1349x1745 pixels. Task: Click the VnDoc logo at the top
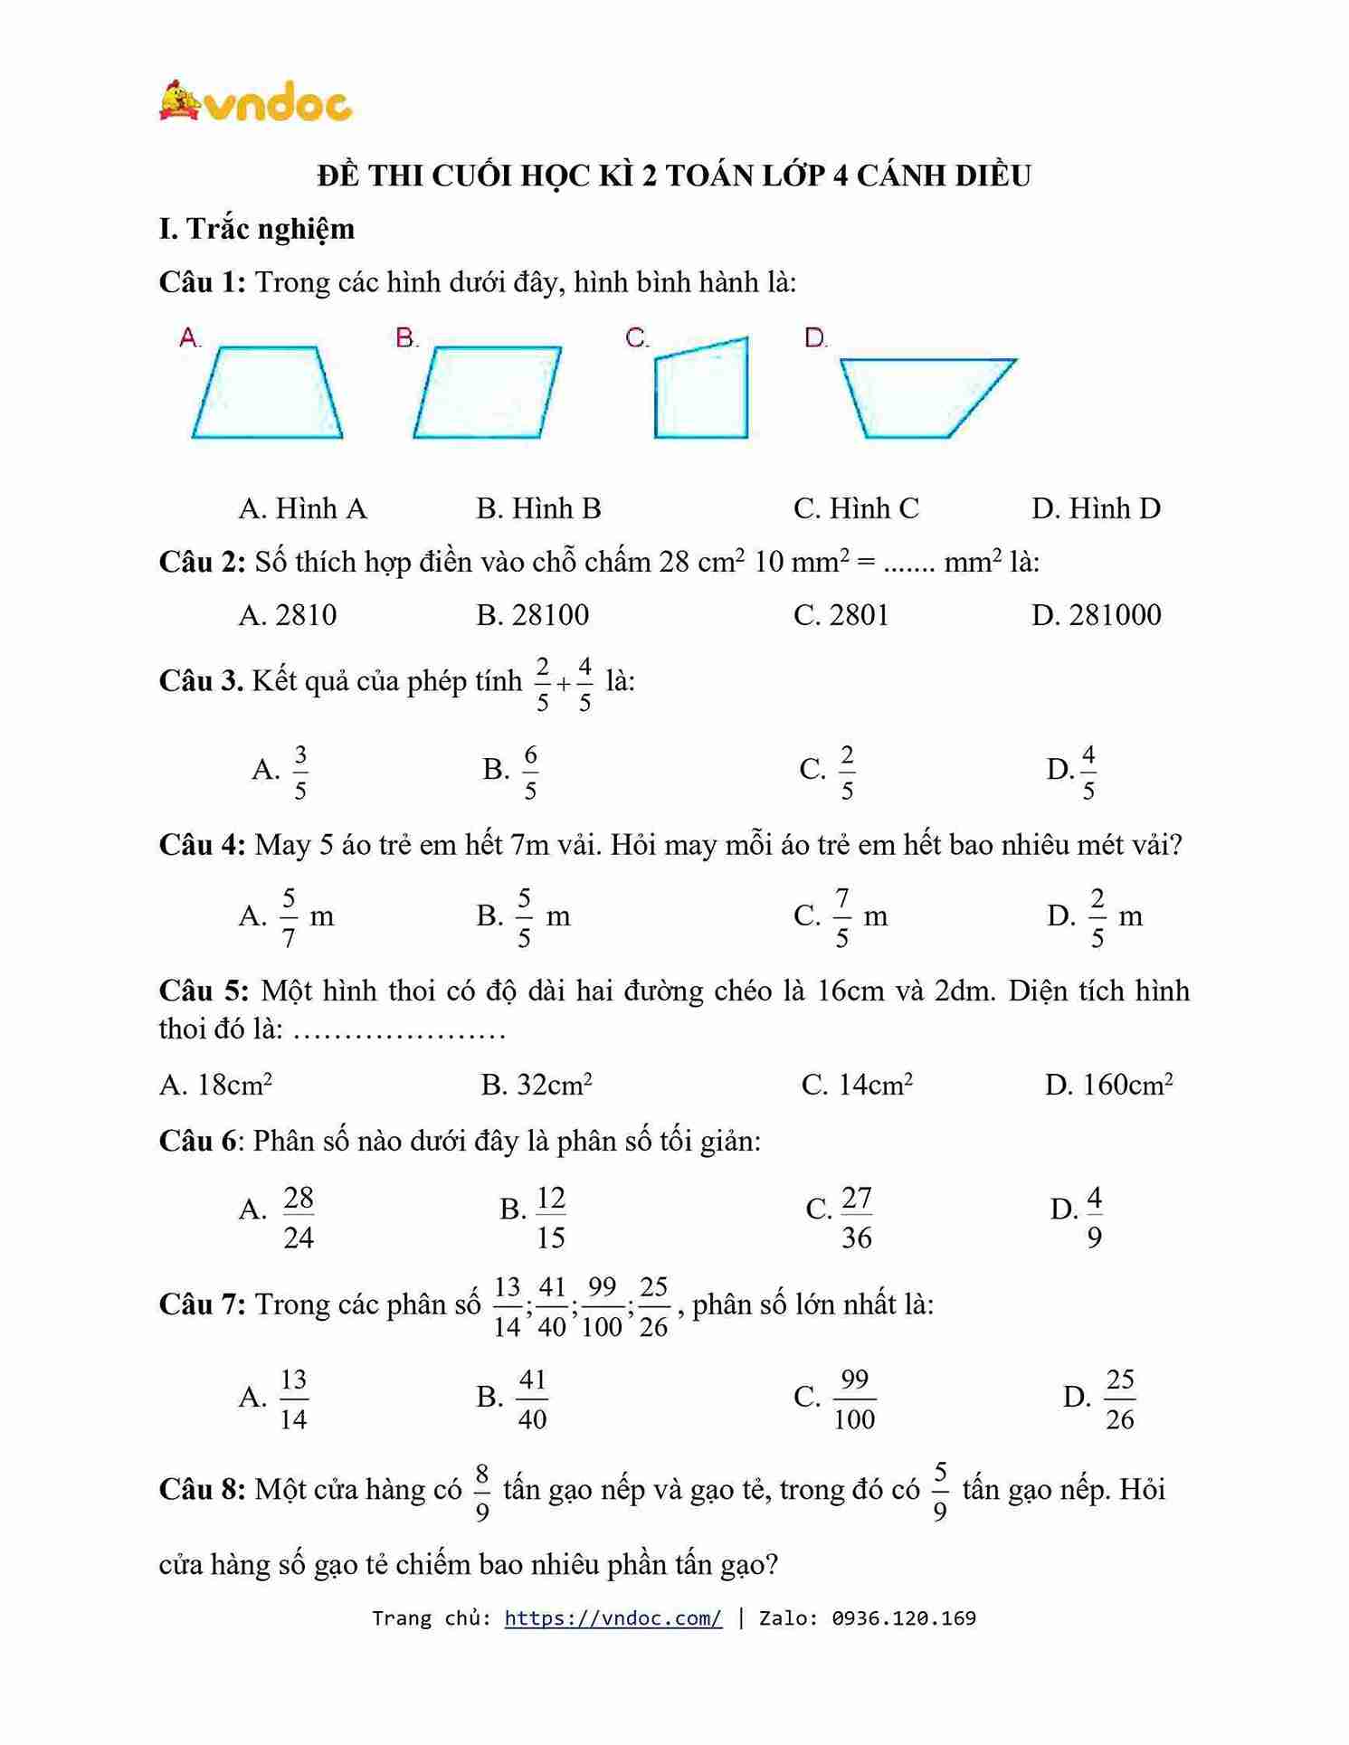coord(255,101)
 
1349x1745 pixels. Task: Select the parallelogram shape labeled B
coord(487,393)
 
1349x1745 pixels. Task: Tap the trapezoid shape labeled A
coord(267,393)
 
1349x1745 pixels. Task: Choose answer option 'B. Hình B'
coord(538,508)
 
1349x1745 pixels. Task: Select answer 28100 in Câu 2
coord(533,615)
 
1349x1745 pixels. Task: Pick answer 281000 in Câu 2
coord(1096,615)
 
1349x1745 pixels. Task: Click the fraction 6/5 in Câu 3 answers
coord(530,772)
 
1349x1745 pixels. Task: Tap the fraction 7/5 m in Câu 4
coord(842,917)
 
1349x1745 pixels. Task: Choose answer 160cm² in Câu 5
coord(1108,1084)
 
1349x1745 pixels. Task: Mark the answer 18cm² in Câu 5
coord(215,1084)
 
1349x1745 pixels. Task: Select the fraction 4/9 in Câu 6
coord(1094,1218)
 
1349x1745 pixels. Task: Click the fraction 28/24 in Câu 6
coord(299,1218)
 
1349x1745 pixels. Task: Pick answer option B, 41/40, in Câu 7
coord(532,1399)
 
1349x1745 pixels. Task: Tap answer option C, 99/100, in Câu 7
coord(853,1399)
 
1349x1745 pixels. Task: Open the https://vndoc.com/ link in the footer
coord(613,1617)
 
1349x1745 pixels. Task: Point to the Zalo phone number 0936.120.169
coord(904,1617)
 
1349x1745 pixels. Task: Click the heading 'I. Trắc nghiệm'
coord(257,229)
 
